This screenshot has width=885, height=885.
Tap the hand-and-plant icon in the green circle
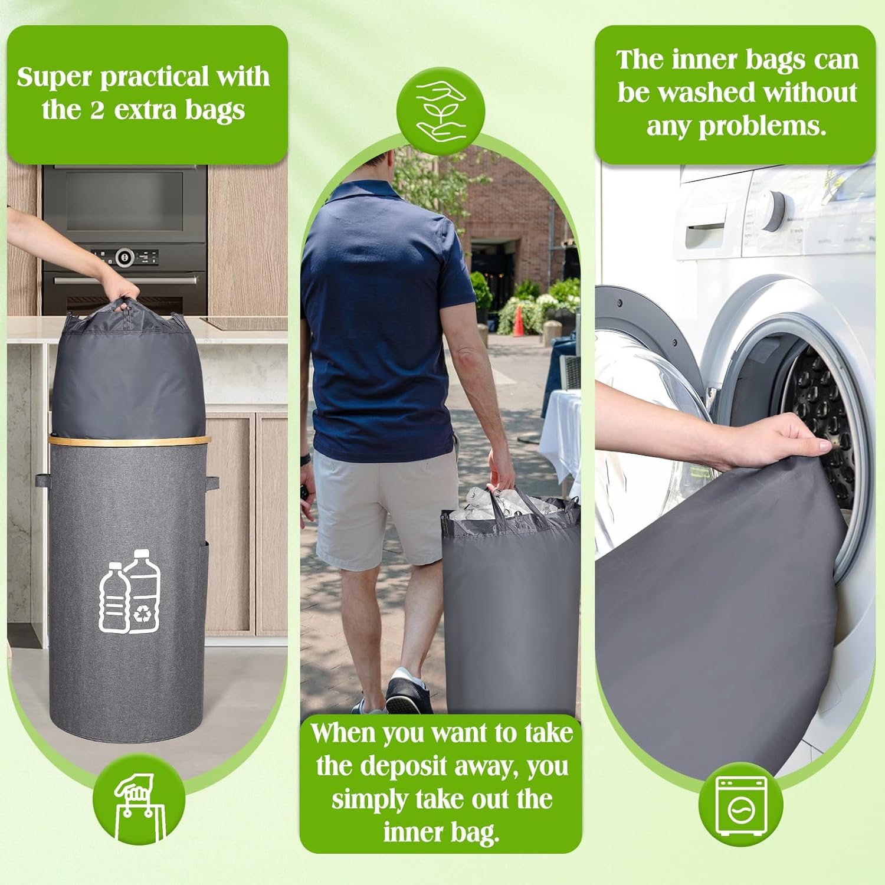[441, 110]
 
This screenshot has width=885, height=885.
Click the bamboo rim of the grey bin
[129, 440]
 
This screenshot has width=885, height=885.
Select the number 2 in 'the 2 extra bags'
[97, 110]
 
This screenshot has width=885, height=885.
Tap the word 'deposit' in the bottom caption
[411, 767]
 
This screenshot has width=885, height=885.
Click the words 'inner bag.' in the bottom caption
[441, 832]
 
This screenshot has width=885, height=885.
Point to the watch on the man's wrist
[304, 460]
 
